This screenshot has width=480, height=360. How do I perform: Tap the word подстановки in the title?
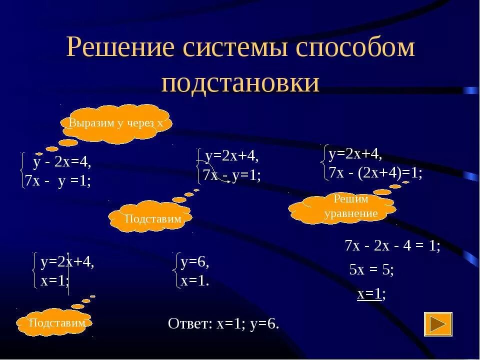click(240, 82)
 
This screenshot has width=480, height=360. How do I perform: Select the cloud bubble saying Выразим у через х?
click(116, 123)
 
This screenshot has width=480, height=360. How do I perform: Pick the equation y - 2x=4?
click(62, 162)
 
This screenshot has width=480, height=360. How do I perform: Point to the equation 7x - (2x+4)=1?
click(375, 173)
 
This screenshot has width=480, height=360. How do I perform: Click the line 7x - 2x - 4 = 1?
click(392, 246)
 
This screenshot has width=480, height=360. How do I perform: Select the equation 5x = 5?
click(371, 270)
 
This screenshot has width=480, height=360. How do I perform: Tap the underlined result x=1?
click(370, 293)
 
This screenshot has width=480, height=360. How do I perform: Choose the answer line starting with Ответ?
click(223, 323)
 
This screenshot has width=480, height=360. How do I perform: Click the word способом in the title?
click(355, 49)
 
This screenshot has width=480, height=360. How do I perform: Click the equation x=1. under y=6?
click(195, 281)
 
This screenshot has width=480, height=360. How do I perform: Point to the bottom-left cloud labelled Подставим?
click(56, 323)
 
